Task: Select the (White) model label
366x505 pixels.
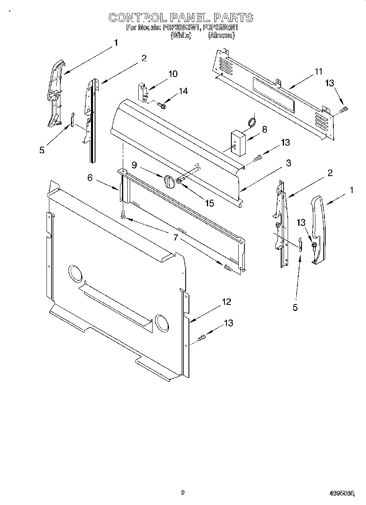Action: tap(181, 35)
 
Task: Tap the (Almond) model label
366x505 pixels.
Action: tap(222, 35)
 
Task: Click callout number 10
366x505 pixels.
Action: tap(173, 74)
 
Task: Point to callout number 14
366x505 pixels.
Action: tap(183, 91)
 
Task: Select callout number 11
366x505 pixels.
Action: tap(318, 72)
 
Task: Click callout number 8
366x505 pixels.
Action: tap(264, 129)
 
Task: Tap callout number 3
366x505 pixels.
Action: tap(288, 163)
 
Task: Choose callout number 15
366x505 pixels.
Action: tap(209, 203)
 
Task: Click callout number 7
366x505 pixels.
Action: tap(176, 237)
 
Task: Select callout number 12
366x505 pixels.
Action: tap(226, 302)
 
